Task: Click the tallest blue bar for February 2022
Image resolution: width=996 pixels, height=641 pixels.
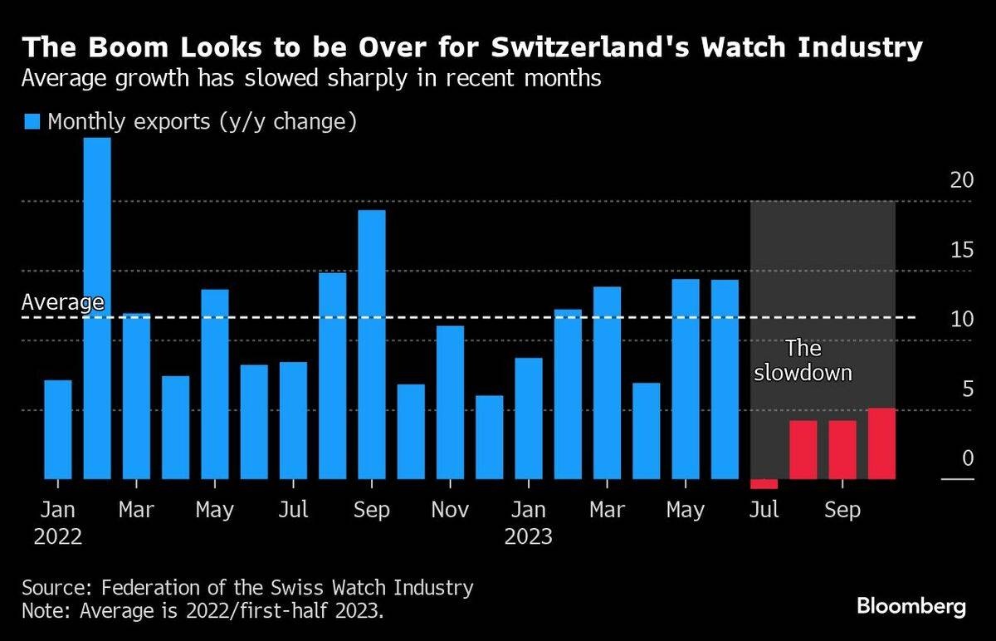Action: coord(97,307)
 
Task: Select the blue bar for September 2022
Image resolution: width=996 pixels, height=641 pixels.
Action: coord(372,345)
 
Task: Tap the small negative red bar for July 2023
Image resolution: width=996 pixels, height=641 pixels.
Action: coord(764,484)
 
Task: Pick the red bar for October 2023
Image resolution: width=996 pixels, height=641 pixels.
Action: coord(881,443)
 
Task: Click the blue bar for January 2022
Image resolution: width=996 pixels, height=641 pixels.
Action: coord(58,429)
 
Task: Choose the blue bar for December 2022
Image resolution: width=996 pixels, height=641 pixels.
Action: coord(490,437)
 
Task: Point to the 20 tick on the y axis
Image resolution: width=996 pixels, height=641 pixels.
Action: coord(960,181)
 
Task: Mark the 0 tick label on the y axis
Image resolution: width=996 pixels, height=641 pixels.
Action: coord(966,458)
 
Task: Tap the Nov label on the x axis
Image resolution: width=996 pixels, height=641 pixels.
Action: coord(450,510)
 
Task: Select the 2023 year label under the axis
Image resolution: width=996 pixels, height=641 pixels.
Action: coord(529,536)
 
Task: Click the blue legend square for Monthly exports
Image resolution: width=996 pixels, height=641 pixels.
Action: coord(32,122)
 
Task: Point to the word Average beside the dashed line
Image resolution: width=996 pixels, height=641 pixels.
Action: coord(62,302)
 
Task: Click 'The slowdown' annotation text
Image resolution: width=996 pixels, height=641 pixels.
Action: coord(802,360)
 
